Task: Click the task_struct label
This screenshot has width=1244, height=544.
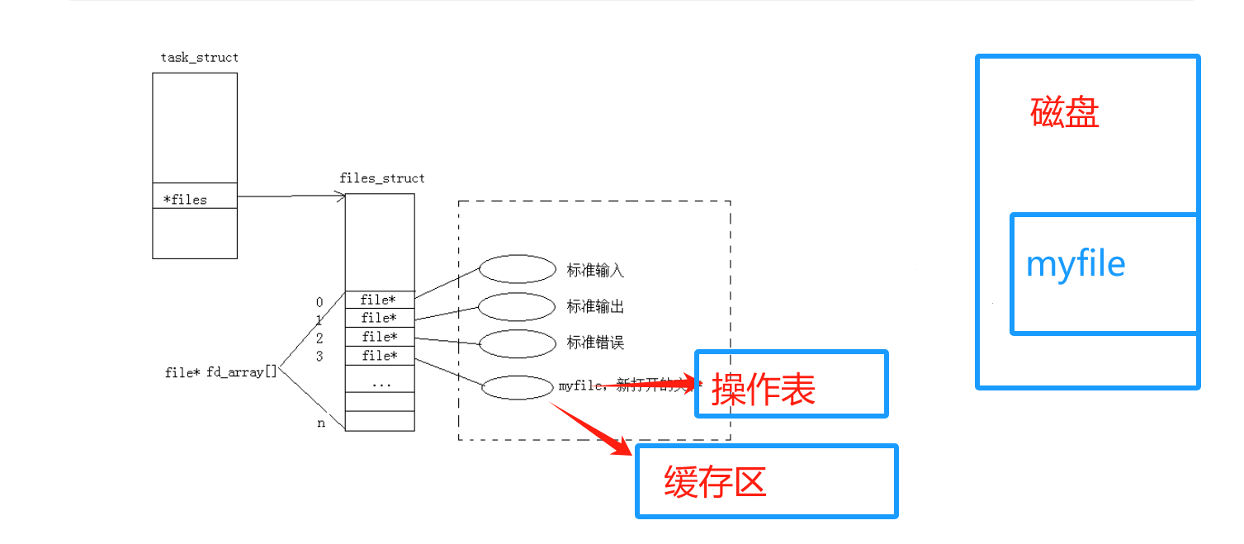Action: pos(200,58)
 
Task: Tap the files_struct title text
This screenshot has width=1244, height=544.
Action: pos(382,178)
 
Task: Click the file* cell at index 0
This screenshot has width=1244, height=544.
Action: pos(379,300)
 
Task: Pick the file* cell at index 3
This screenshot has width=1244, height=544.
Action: pos(379,356)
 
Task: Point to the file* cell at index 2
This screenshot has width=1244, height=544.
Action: pos(379,337)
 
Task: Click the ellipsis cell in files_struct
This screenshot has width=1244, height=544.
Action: pos(381,383)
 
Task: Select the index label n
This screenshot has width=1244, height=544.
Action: pos(321,423)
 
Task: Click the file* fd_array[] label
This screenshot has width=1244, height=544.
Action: pos(220,372)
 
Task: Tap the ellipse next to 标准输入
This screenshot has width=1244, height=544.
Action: pos(518,269)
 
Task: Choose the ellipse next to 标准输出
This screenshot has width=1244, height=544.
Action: pos(517,307)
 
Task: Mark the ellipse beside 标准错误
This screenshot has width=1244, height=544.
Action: pos(517,343)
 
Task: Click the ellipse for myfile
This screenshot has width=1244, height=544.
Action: pos(517,387)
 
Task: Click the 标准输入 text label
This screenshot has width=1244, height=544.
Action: pos(595,270)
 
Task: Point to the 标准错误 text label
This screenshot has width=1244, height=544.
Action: pos(595,343)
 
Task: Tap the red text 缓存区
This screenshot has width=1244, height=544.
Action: pos(716,481)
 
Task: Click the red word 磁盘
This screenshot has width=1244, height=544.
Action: pos(1065,113)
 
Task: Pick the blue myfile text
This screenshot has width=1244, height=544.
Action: pos(1076,264)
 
